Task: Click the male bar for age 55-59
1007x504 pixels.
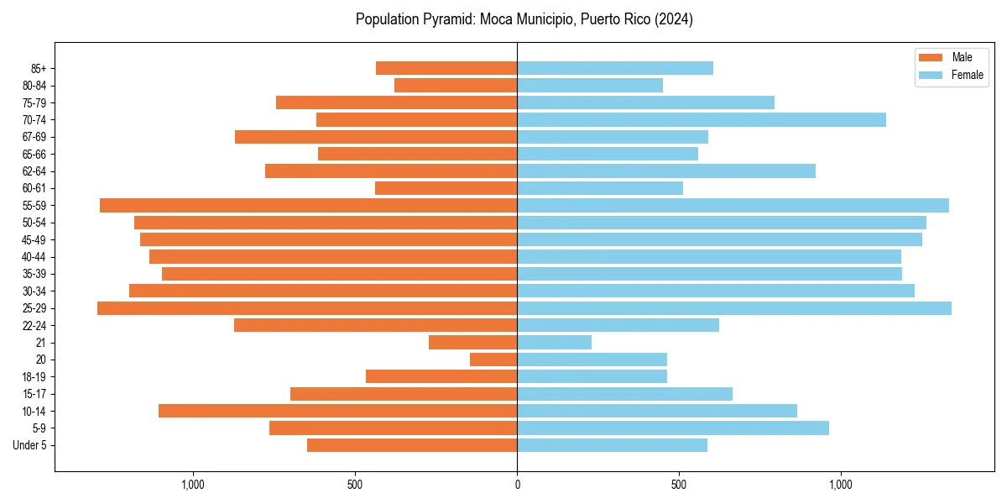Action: tap(308, 206)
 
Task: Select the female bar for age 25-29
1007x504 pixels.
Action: tap(734, 308)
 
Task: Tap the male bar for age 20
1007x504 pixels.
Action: tap(493, 360)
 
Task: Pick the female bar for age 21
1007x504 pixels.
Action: tap(554, 343)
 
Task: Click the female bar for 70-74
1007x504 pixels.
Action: tap(702, 120)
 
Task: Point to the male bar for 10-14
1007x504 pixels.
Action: tap(337, 411)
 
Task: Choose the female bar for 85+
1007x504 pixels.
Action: tap(615, 68)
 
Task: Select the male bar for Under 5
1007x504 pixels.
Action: tap(412, 445)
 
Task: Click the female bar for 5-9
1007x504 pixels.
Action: tap(673, 428)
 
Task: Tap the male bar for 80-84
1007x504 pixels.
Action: tap(456, 86)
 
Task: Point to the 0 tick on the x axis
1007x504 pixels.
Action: tap(517, 485)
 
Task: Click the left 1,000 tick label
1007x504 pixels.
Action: tap(193, 485)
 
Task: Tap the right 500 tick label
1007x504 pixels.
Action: tap(679, 485)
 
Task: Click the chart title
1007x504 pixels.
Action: tap(524, 19)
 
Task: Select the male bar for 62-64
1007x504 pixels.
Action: tap(391, 171)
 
